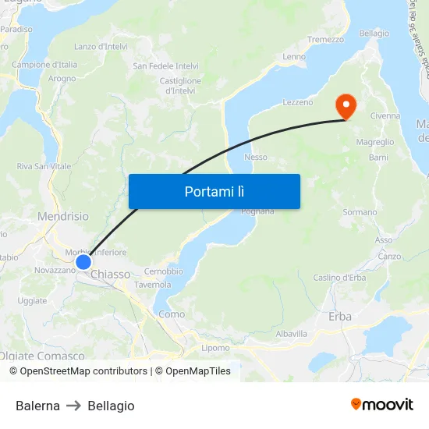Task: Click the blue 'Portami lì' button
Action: click(214, 191)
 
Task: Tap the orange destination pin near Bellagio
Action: click(344, 105)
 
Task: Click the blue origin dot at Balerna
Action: click(83, 261)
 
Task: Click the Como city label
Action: click(172, 314)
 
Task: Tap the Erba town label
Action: click(340, 316)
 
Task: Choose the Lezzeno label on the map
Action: click(297, 102)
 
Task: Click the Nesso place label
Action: click(256, 157)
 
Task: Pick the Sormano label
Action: click(360, 212)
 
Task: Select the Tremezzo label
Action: click(325, 39)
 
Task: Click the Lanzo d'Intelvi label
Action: click(101, 47)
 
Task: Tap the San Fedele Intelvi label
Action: click(165, 66)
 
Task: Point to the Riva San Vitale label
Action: click(44, 166)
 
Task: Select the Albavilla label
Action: click(292, 333)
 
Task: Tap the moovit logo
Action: click(382, 405)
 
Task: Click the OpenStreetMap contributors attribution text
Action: click(79, 371)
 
